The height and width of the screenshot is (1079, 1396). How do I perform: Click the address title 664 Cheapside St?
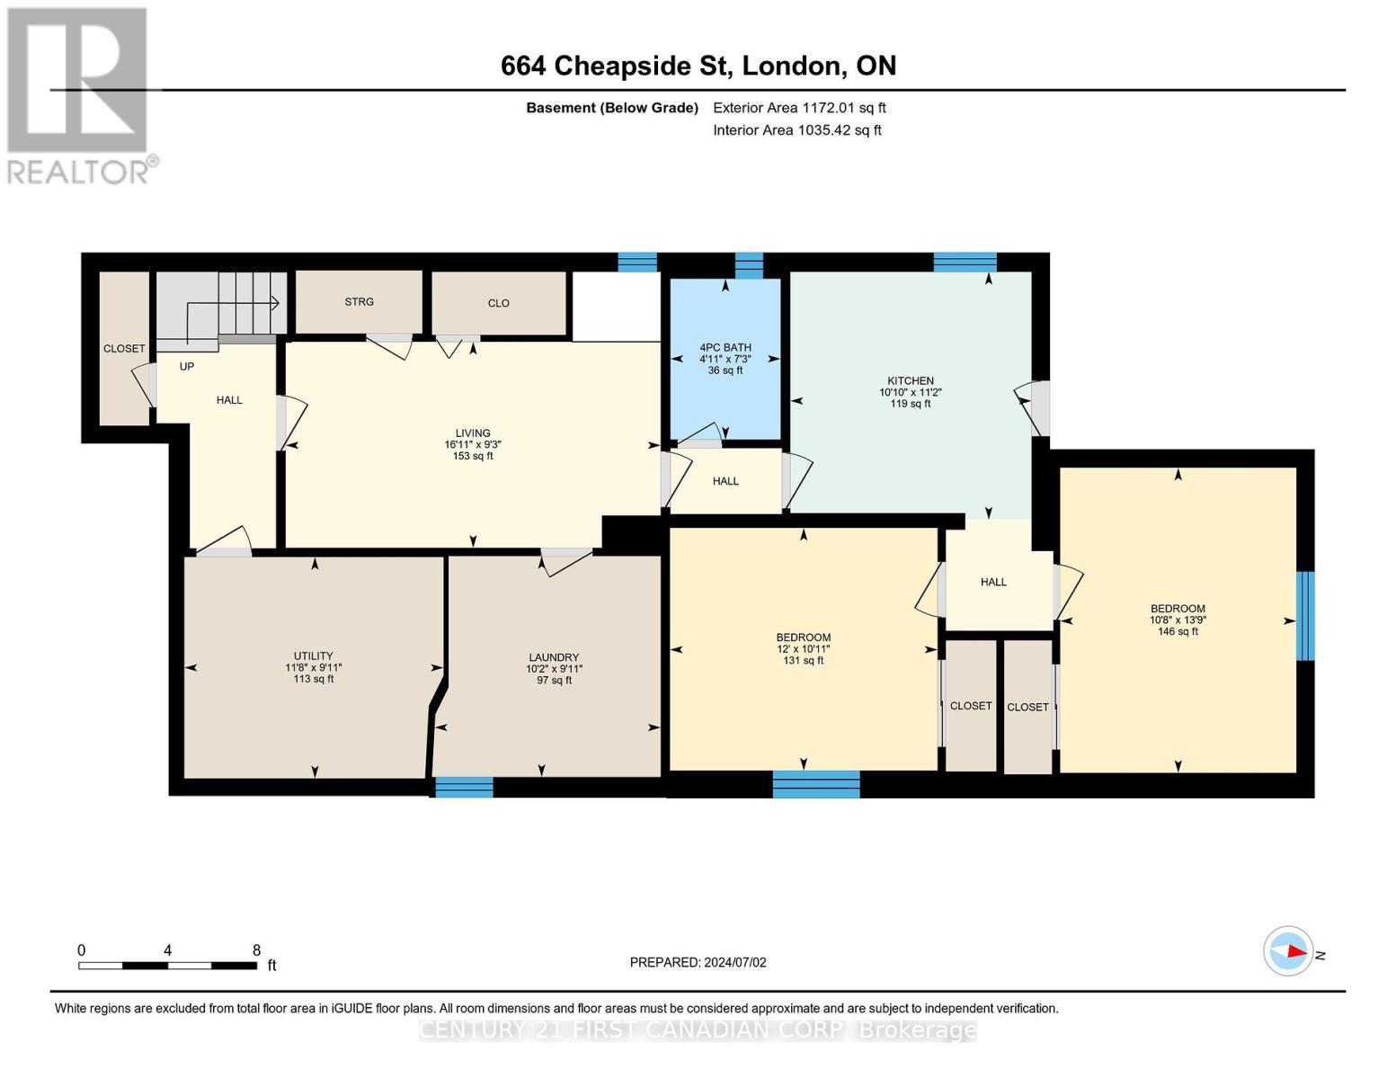point(698,66)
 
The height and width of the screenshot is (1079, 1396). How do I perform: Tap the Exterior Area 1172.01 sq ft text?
point(799,108)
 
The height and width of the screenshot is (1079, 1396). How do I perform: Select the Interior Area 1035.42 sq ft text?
point(796,130)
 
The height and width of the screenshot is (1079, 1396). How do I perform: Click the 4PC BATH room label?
point(725,348)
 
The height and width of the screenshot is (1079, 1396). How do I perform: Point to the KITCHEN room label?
point(911,381)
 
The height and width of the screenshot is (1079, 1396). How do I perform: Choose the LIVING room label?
point(473,433)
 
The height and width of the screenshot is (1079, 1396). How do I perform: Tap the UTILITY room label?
point(313,656)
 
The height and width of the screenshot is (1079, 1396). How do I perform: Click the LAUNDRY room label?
point(554,657)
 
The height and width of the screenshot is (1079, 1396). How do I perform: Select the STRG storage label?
point(359,302)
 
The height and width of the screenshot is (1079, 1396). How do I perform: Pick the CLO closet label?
point(499,303)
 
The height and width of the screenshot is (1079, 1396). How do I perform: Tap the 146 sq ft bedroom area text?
point(1178,632)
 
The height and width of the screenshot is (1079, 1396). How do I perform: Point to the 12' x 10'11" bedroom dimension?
point(804,649)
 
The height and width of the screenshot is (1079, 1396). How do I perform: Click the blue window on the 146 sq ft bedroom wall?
point(1305,616)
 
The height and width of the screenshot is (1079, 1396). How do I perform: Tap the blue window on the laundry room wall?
point(464,788)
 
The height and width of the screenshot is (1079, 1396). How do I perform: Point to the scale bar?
point(167,966)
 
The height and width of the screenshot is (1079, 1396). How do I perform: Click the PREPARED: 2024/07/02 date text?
point(698,962)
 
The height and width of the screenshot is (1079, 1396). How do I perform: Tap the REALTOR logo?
point(79,94)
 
